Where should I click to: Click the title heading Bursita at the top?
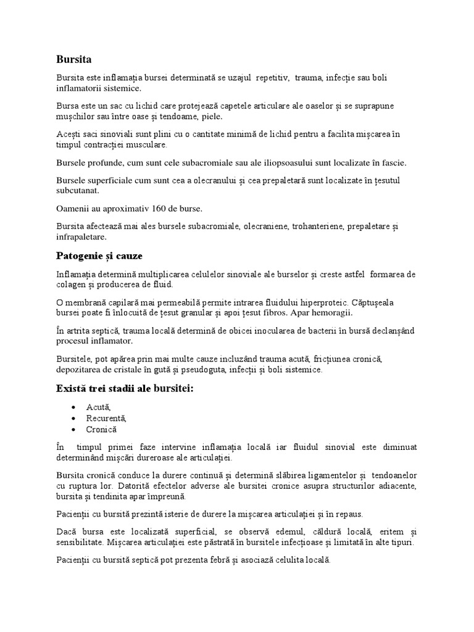73,60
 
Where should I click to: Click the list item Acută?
99,407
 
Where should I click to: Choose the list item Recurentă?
107,418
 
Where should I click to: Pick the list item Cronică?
102,429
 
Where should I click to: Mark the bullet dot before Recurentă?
74,418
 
